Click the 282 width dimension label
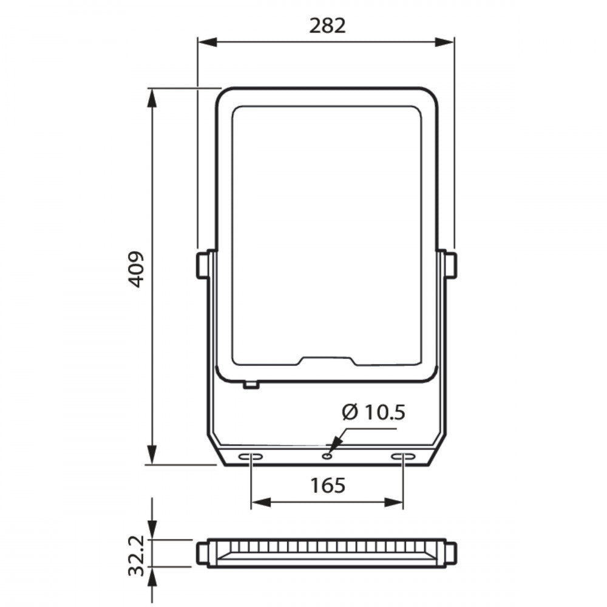(x=327, y=26)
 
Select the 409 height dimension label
(x=136, y=270)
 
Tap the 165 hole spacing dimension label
(x=328, y=486)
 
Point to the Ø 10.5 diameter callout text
(x=373, y=412)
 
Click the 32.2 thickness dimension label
(x=136, y=555)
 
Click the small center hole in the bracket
(x=327, y=456)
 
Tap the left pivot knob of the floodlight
(x=202, y=265)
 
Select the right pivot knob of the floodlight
(x=451, y=265)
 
